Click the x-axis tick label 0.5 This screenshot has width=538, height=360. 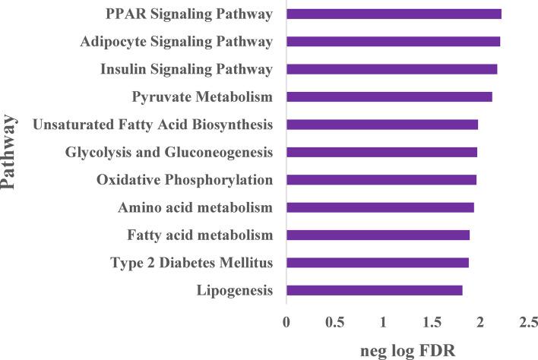point(334,322)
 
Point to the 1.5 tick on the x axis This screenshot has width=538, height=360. point(432,322)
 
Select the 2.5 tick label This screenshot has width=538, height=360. point(529,322)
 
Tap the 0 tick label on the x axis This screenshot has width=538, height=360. point(286,322)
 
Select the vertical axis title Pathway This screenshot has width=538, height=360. point(11,152)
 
